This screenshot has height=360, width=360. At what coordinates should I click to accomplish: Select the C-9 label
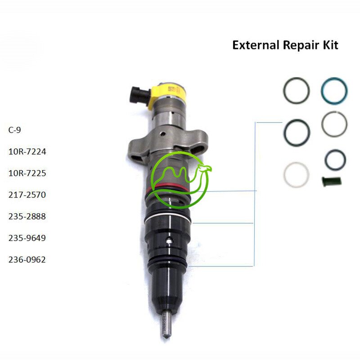click(15, 130)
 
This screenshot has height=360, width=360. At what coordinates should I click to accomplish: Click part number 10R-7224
click(27, 152)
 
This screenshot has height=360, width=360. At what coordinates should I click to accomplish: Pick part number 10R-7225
click(27, 173)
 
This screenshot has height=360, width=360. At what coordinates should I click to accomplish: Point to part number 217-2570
click(27, 195)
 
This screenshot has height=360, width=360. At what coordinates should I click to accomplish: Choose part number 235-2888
click(27, 216)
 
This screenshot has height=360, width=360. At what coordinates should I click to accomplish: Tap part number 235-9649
click(27, 238)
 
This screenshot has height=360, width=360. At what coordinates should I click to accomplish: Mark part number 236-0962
click(27, 260)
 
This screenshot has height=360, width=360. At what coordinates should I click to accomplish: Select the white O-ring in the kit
click(297, 174)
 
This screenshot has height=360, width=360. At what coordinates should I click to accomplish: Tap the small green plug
click(332, 181)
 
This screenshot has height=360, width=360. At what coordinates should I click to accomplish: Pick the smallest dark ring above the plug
click(335, 159)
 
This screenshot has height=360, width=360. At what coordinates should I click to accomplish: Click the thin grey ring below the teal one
click(334, 124)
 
